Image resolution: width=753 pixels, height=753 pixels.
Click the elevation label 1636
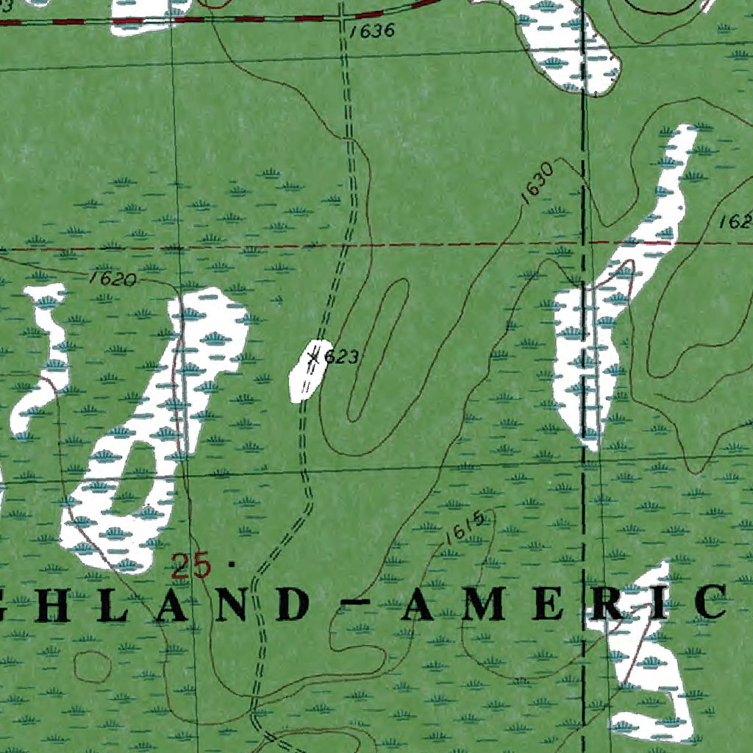click(x=373, y=32)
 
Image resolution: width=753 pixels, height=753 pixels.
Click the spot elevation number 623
click(x=341, y=357)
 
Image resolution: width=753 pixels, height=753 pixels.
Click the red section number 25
click(x=190, y=566)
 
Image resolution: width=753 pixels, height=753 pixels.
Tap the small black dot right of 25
click(x=232, y=565)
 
